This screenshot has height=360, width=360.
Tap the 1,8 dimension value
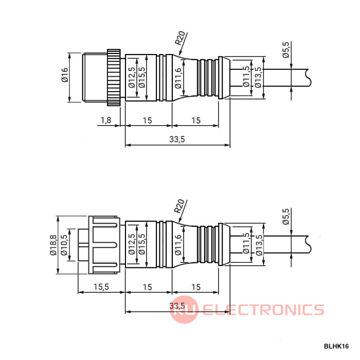pos(105,120)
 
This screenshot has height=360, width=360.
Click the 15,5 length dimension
pos(101,287)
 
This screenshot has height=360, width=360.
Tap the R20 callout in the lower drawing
pos(179,206)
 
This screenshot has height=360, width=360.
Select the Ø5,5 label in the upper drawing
pos(286,50)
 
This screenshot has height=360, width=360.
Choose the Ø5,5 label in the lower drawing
pos(286,217)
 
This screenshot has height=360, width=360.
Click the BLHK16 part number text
pos(337,347)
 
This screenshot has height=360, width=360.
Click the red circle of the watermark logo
pos(184,310)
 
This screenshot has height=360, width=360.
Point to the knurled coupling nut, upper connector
pos(114,77)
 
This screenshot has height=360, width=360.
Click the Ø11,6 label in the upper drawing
pos(178,78)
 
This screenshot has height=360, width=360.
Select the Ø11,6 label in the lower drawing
pos(178,245)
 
